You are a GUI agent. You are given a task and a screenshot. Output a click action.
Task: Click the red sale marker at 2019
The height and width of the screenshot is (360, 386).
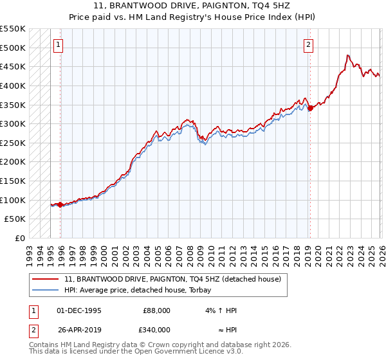[x=310, y=108]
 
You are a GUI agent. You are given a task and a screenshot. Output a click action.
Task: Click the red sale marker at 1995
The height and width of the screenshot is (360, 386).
[x=60, y=204]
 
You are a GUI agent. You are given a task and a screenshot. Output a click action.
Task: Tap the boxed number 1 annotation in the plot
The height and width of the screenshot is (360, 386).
[x=59, y=45]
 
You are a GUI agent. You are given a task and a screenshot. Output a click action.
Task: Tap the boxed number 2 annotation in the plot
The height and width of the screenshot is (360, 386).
[x=309, y=45]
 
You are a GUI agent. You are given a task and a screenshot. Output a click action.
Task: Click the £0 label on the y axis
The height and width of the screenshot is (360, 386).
[x=21, y=239]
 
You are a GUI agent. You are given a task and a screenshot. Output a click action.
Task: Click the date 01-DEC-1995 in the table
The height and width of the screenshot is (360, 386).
[x=79, y=310]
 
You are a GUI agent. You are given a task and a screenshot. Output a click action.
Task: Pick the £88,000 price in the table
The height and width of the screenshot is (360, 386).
[x=156, y=310]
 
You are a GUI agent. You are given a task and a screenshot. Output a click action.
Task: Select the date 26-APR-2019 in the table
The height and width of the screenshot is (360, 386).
[x=79, y=330]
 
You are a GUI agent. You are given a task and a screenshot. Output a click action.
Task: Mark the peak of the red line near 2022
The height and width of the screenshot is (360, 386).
[x=347, y=55]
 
